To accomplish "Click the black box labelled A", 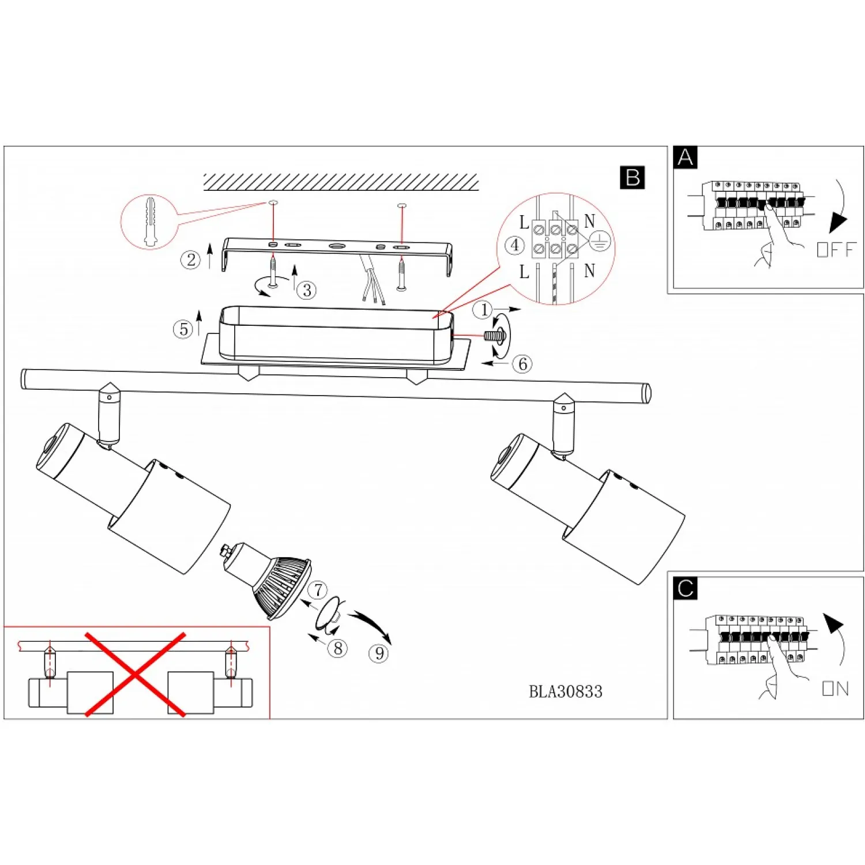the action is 685,157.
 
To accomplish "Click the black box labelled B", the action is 632,178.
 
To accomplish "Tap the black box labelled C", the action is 685,588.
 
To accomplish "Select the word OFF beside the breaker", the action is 836,250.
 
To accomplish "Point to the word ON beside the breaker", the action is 836,689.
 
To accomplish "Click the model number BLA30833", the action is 565,691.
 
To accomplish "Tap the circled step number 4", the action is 514,246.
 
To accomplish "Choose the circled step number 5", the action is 183,329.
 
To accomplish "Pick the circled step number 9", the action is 379,653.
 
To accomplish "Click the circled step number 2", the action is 190,259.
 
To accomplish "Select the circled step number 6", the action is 522,364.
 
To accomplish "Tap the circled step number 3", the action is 307,290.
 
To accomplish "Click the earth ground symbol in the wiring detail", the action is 600,242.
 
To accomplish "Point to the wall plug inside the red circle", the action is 150,222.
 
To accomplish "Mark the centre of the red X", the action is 135,674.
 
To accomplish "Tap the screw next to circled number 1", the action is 495,336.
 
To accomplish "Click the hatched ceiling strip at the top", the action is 341,182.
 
